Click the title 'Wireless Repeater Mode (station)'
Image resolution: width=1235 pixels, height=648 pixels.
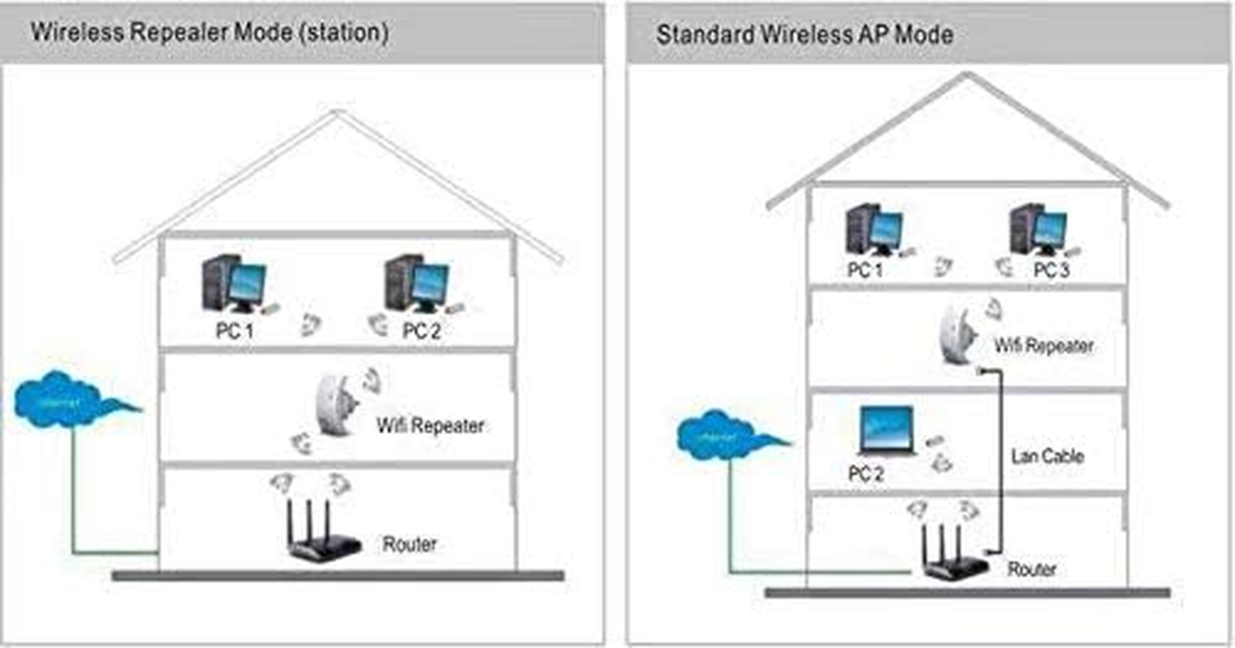coord(210,32)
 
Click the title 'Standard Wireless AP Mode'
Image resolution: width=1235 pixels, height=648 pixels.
coord(804,35)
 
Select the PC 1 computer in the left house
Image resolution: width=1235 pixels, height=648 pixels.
coord(234,285)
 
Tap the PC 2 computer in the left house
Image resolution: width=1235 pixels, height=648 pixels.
coord(417,285)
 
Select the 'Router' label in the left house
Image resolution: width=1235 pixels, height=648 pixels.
coord(410,544)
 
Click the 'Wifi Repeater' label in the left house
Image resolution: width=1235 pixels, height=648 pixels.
coord(430,425)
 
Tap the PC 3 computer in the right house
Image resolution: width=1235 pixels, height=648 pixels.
coord(1038,231)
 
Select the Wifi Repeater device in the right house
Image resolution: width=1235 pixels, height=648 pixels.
coord(957,333)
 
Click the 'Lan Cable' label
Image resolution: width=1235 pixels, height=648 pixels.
coord(1046,456)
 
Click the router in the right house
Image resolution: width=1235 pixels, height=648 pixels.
coord(953,554)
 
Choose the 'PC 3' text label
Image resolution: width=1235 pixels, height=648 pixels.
coord(1051,270)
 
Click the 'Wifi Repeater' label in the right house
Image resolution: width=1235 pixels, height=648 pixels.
coord(1043,346)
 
